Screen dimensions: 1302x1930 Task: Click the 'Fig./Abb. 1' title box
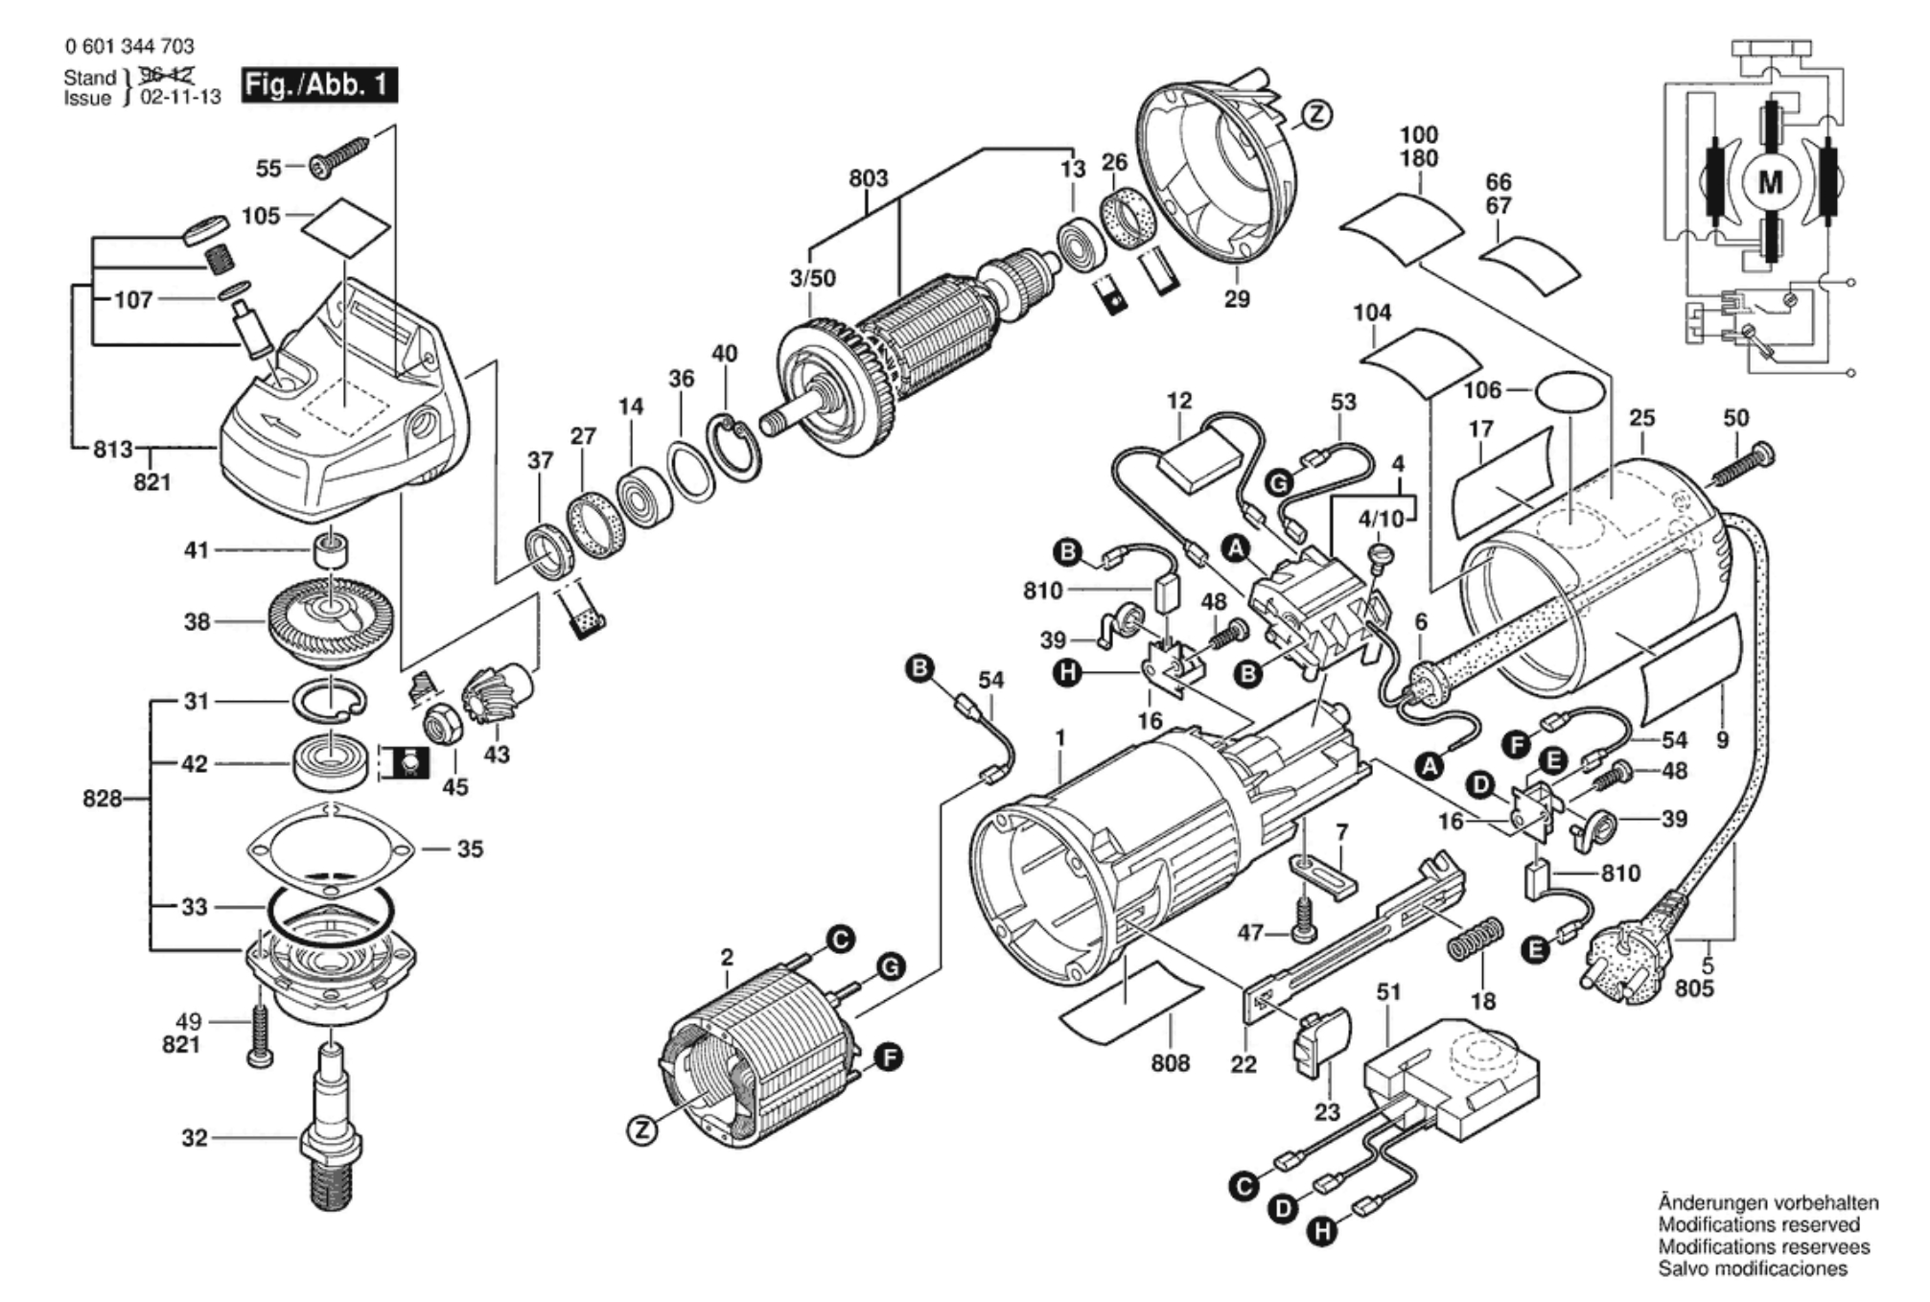click(x=318, y=85)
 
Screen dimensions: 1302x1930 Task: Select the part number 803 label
click(x=868, y=178)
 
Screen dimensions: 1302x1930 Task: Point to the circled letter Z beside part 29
click(x=1317, y=115)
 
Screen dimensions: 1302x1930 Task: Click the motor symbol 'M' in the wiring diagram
click(x=1770, y=182)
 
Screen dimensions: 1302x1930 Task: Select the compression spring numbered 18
click(x=1476, y=940)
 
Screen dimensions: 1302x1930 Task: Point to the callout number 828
click(x=103, y=798)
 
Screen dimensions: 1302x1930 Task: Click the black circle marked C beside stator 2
click(x=841, y=941)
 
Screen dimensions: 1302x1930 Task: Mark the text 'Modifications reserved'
click(x=1758, y=1224)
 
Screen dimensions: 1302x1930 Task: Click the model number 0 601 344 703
click(x=129, y=46)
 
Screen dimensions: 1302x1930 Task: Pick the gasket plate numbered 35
click(x=331, y=849)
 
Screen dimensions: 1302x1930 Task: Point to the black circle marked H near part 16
click(x=1066, y=674)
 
